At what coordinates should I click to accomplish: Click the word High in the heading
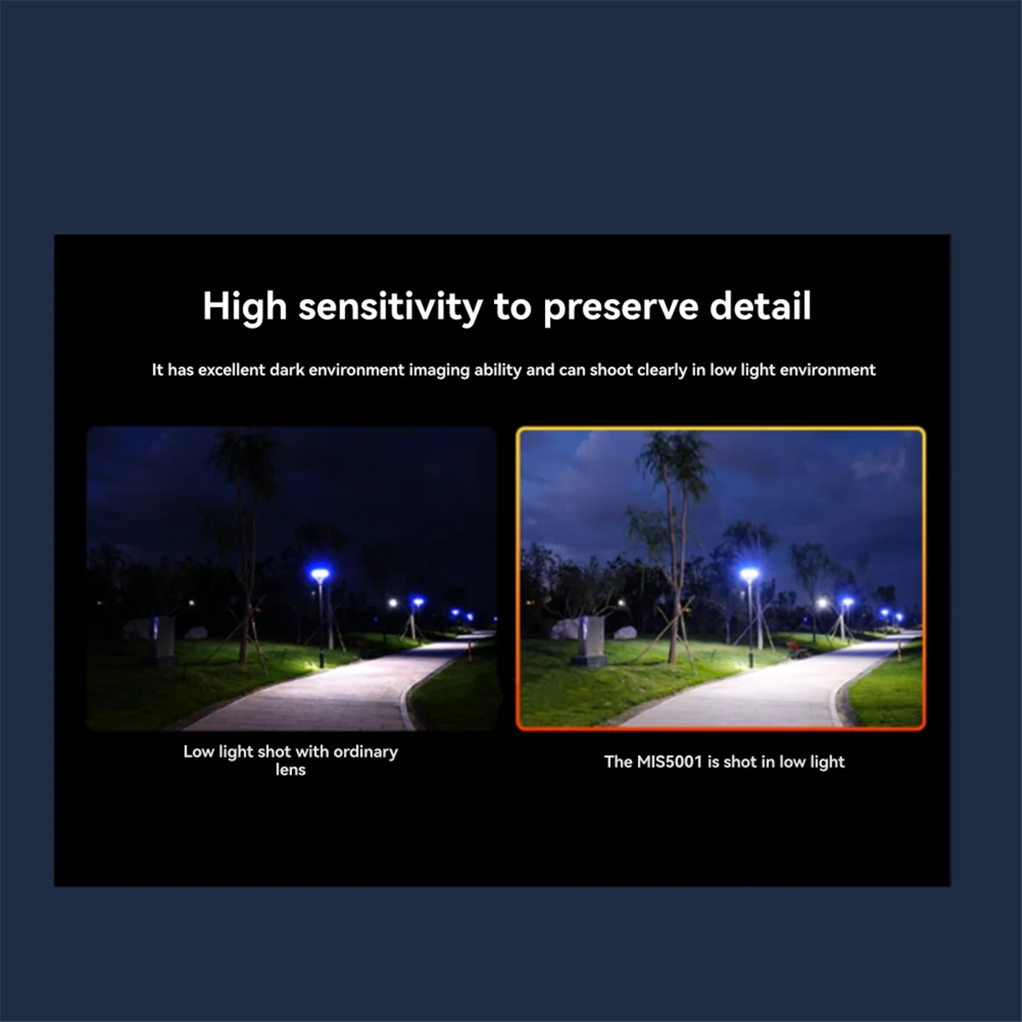click(x=244, y=307)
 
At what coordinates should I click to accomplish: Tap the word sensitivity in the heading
click(x=390, y=307)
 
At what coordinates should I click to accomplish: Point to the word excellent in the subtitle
click(x=232, y=370)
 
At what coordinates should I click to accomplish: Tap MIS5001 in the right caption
click(x=669, y=761)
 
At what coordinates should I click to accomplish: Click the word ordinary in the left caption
click(x=365, y=752)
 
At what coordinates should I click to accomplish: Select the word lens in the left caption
click(x=290, y=770)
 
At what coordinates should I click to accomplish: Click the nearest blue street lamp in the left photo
click(x=319, y=576)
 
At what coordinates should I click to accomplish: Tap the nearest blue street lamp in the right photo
click(x=749, y=575)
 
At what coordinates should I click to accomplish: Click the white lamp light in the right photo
click(x=822, y=604)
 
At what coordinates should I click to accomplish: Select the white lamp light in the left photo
click(x=393, y=603)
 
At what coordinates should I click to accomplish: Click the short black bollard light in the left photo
click(x=319, y=659)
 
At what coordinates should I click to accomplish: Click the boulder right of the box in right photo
click(x=626, y=633)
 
